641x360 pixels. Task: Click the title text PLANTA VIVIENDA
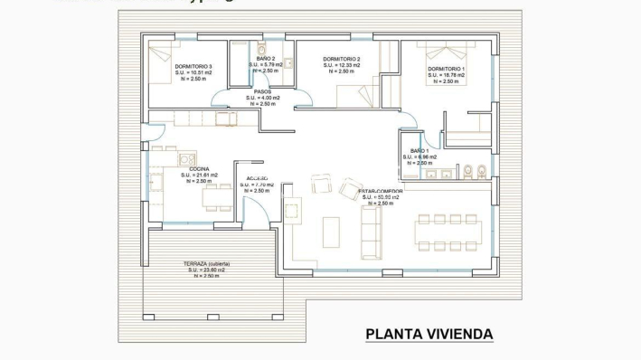(429, 334)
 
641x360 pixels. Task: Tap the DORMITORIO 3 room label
(193, 66)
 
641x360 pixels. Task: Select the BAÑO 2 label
(266, 59)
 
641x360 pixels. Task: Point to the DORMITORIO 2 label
(342, 59)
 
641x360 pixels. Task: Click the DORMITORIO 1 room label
(446, 69)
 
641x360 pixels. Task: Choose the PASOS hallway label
(263, 91)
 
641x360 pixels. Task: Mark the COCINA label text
(199, 168)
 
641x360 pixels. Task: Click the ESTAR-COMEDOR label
(381, 192)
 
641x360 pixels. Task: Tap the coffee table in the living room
(331, 232)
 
